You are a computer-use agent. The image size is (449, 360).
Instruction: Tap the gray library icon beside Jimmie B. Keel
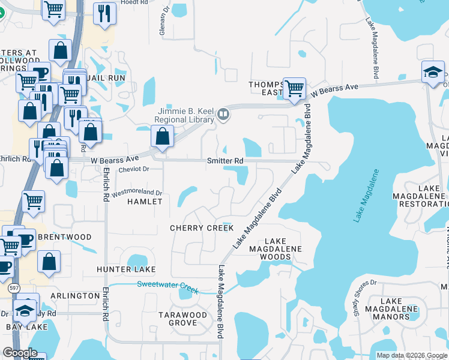(x=223, y=113)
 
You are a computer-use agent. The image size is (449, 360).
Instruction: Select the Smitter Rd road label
(x=224, y=161)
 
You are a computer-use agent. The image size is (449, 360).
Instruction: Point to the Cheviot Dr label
(x=133, y=169)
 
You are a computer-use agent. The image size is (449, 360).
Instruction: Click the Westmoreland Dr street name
(x=137, y=193)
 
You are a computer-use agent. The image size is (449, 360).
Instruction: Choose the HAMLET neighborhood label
(x=145, y=202)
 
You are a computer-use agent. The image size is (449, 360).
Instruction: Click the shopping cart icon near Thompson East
(x=294, y=88)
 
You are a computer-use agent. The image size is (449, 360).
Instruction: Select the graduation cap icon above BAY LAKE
(x=25, y=310)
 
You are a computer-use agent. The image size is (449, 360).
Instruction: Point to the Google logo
(x=20, y=353)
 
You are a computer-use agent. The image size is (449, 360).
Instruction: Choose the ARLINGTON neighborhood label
(x=75, y=296)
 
